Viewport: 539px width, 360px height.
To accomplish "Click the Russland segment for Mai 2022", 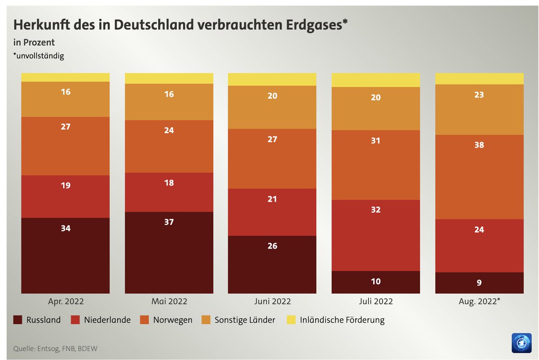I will click(169, 252).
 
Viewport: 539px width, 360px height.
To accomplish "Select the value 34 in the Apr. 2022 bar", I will click(66, 228).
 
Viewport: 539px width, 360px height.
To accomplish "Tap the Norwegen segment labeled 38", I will click(479, 177).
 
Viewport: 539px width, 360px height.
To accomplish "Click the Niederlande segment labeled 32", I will click(376, 235).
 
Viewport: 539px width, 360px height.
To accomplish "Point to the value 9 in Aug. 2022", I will click(479, 283).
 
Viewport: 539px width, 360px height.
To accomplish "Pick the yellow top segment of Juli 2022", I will click(376, 80).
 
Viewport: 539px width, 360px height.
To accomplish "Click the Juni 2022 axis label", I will click(272, 301).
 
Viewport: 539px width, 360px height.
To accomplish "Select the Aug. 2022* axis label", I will click(479, 301).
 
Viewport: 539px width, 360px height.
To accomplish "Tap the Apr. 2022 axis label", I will click(66, 301).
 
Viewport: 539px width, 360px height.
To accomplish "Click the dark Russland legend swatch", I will click(18, 320).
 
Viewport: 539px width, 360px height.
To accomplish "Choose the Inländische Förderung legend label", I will click(342, 320).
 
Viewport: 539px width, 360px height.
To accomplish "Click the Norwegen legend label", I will click(172, 320).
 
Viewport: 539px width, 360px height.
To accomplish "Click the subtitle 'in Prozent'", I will click(34, 43).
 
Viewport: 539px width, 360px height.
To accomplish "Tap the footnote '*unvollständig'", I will click(39, 56).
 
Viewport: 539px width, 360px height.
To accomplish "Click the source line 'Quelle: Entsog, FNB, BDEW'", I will click(55, 348).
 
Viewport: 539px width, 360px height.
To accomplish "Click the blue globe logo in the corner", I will click(521, 343).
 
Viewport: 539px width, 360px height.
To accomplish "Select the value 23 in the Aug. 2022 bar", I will click(479, 95).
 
